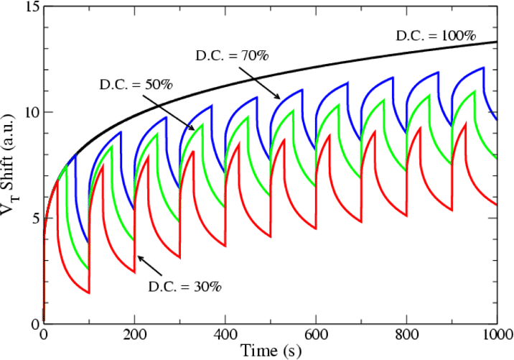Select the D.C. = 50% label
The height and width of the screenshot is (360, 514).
(x=136, y=84)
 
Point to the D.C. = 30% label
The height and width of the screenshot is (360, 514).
(x=185, y=286)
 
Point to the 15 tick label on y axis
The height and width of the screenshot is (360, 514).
(x=28, y=8)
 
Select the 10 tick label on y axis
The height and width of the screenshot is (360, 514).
(x=28, y=113)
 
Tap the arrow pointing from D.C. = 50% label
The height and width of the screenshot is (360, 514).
(x=178, y=116)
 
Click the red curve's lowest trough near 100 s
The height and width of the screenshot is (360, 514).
(x=88, y=292)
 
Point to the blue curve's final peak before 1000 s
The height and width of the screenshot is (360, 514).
(x=484, y=68)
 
